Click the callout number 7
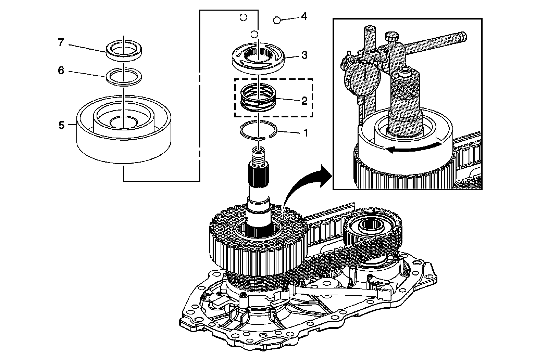(x=61, y=43)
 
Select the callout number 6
(x=61, y=71)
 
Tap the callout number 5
(x=61, y=125)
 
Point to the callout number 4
(x=304, y=16)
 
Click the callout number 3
(x=304, y=55)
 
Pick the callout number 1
(x=304, y=132)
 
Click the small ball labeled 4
(x=277, y=21)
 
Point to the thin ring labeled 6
(x=124, y=76)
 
